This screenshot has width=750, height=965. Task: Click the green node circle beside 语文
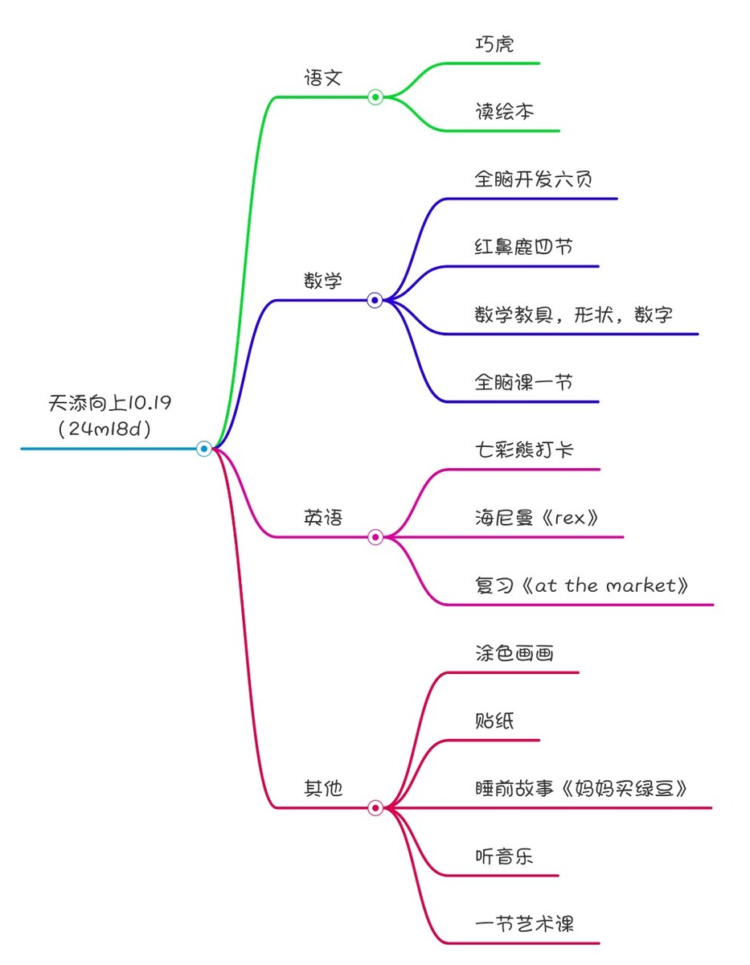tap(375, 96)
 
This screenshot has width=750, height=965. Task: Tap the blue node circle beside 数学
tap(375, 300)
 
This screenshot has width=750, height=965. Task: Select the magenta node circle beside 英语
tap(375, 537)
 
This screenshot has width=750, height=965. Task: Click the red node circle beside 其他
tap(375, 808)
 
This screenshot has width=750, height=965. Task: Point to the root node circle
tap(203, 449)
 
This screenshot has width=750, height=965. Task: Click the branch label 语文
tap(322, 78)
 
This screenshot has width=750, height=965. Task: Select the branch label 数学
tap(322, 281)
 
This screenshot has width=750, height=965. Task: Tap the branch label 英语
tap(322, 518)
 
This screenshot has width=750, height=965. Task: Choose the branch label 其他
tap(322, 788)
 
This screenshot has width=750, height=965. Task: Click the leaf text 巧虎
tap(494, 44)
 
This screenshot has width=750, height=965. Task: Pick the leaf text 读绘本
tap(504, 112)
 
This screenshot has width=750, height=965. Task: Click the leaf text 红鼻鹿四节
tap(523, 247)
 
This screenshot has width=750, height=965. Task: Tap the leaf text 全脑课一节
tap(523, 382)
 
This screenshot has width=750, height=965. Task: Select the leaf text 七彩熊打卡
tap(524, 450)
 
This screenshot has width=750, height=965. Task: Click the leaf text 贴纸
tap(494, 721)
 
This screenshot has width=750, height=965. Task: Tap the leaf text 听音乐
tap(504, 856)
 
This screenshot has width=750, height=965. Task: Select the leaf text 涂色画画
tap(514, 653)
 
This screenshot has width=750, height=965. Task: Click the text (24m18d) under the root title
tap(105, 429)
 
